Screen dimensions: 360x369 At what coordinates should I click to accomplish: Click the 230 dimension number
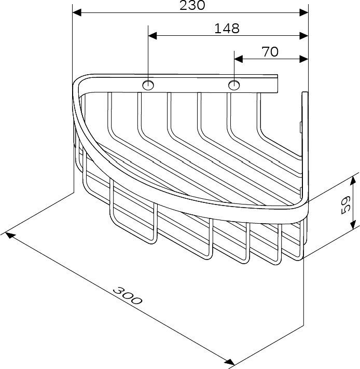click(192, 5)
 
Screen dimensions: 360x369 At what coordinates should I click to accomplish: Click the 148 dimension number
click(227, 28)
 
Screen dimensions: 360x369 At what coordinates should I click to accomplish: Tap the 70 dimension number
click(270, 52)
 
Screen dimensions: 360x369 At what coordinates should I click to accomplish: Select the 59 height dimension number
click(345, 205)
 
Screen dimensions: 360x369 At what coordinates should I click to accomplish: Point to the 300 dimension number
click(128, 296)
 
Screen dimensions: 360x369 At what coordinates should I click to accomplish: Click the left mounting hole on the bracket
click(148, 85)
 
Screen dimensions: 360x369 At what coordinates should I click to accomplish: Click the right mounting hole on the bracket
click(234, 85)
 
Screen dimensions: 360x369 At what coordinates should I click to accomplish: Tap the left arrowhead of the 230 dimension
click(77, 12)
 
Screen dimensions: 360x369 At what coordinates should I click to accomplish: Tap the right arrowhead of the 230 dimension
click(304, 12)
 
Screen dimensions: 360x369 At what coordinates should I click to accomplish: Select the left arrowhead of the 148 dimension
click(153, 36)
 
